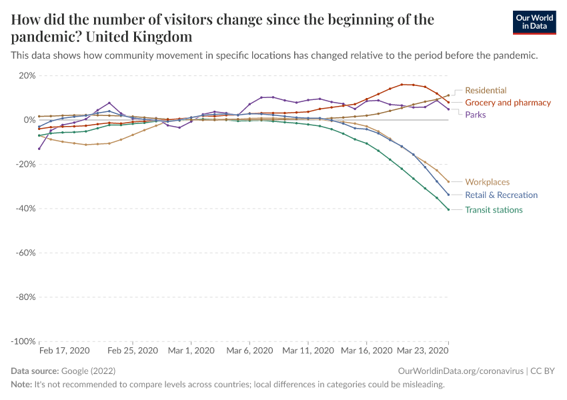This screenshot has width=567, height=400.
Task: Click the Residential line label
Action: [486, 90]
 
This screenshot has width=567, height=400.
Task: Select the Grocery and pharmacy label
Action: [508, 103]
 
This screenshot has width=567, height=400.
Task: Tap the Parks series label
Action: [475, 115]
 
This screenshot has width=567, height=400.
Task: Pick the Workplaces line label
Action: [487, 181]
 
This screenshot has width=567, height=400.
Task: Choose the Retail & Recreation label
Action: [501, 195]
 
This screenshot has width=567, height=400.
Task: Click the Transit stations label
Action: [494, 210]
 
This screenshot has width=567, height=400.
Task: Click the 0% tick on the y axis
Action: [29, 120]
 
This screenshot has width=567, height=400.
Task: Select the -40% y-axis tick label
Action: [25, 209]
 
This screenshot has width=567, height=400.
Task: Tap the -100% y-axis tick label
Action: [23, 341]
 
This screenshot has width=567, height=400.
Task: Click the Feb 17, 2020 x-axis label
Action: [64, 350]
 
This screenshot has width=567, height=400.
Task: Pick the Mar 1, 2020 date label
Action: [190, 350]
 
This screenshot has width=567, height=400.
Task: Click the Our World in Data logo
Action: [534, 23]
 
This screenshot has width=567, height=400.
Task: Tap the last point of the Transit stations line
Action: [448, 209]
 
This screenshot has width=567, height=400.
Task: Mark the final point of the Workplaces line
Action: [448, 182]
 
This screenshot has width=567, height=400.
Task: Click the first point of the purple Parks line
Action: [39, 149]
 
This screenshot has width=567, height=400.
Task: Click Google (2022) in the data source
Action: [89, 371]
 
